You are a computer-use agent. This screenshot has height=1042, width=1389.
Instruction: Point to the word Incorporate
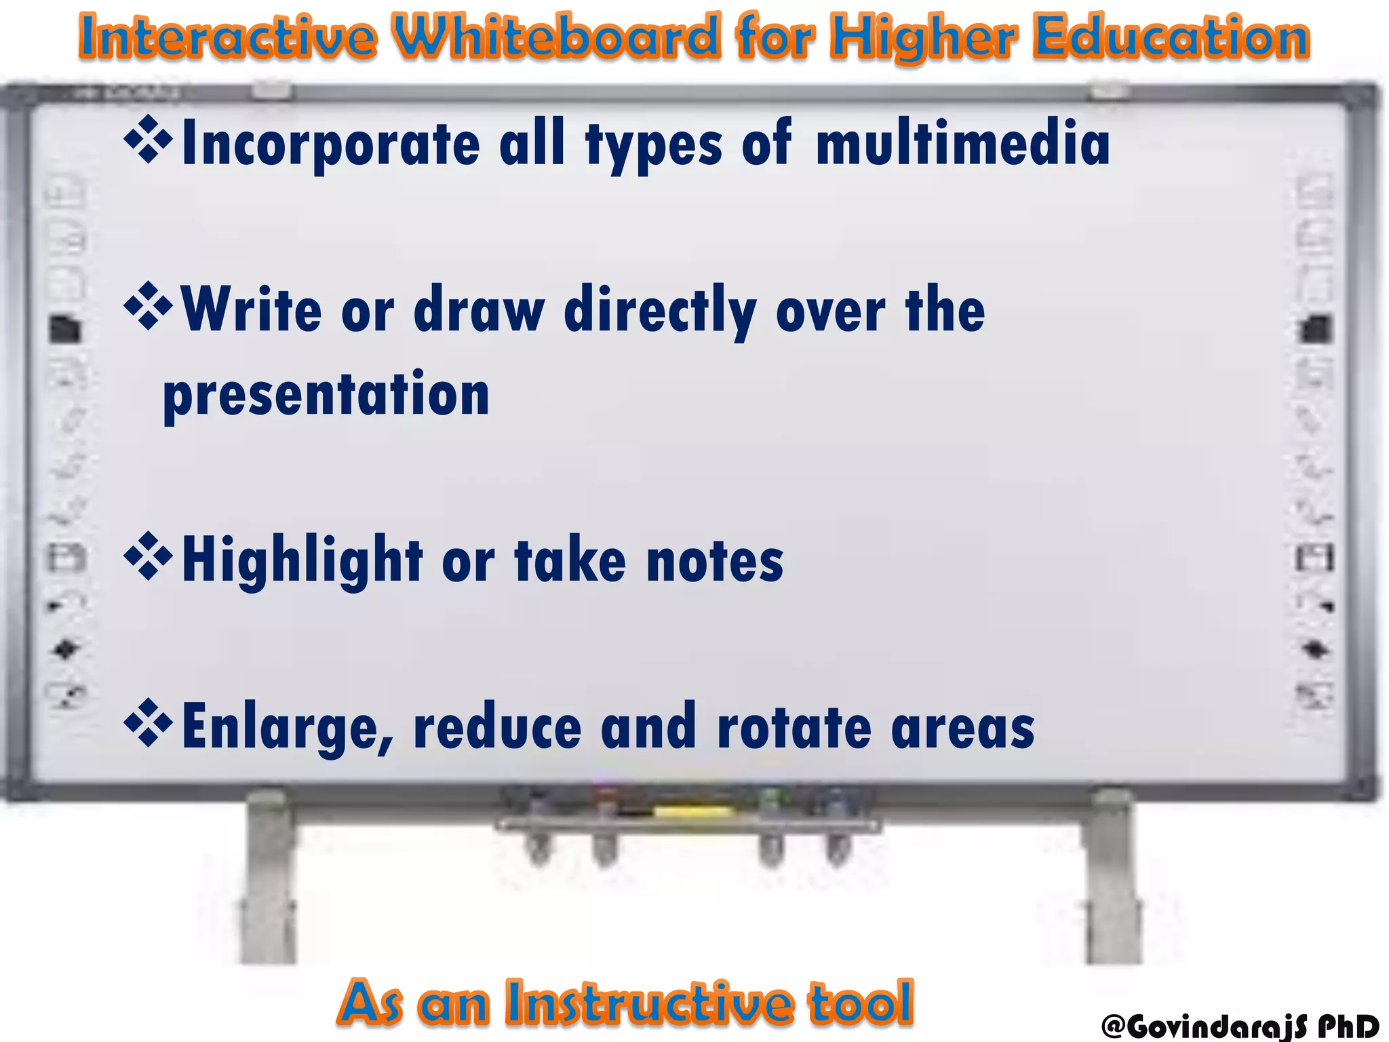pyautogui.click(x=331, y=144)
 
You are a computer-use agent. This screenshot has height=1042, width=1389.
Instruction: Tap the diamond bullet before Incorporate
pyautogui.click(x=148, y=140)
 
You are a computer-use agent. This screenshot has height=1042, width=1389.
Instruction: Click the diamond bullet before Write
pyautogui.click(x=148, y=306)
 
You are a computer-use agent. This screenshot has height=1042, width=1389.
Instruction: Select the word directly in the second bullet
pyautogui.click(x=660, y=310)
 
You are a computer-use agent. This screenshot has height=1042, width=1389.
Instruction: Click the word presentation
pyautogui.click(x=326, y=395)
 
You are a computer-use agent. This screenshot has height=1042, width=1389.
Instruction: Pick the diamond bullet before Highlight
pyautogui.click(x=148, y=557)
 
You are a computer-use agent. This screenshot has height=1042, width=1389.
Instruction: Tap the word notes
pyautogui.click(x=715, y=561)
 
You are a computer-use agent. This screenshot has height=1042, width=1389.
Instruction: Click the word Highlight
pyautogui.click(x=302, y=561)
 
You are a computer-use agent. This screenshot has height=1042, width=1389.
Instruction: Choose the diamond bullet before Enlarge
pyautogui.click(x=148, y=723)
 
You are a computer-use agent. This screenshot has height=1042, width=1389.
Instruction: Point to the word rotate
pyautogui.click(x=794, y=727)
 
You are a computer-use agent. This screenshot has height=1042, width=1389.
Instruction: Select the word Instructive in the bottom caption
pyautogui.click(x=649, y=1002)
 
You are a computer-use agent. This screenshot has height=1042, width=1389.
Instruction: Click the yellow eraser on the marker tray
pyautogui.click(x=692, y=811)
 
